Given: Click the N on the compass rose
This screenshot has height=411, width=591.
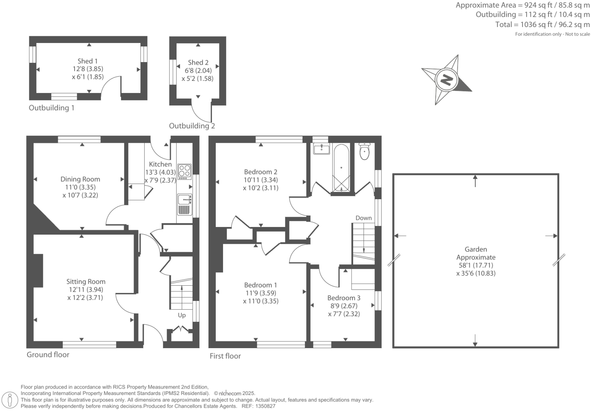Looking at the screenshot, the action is pyautogui.click(x=446, y=80).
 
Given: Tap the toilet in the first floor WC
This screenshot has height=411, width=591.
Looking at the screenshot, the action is pyautogui.click(x=365, y=151).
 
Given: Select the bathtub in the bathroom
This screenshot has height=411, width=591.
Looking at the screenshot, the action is pyautogui.click(x=341, y=168).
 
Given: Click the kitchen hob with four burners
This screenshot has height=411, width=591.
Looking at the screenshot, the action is pyautogui.click(x=185, y=172).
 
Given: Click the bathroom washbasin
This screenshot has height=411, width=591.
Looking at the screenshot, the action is pyautogui.click(x=321, y=149).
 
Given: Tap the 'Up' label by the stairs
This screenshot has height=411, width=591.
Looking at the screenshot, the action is pyautogui.click(x=182, y=315).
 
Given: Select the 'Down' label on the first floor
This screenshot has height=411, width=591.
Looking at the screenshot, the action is pyautogui.click(x=363, y=218).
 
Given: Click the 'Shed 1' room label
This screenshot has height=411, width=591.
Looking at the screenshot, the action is pyautogui.click(x=88, y=61).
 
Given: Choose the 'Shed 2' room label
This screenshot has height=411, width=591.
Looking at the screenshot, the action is pyautogui.click(x=198, y=62).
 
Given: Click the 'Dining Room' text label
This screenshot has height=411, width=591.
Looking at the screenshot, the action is pyautogui.click(x=80, y=179).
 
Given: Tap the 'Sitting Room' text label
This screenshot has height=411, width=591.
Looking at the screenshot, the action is pyautogui.click(x=86, y=282).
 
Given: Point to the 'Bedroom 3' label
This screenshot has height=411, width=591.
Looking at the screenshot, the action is pyautogui.click(x=344, y=298).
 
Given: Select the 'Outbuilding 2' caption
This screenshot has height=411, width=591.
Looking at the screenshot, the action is pyautogui.click(x=192, y=126).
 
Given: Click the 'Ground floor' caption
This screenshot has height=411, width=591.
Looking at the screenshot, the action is pyautogui.click(x=48, y=355).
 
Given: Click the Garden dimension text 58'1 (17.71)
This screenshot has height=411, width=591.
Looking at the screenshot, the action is pyautogui.click(x=476, y=265).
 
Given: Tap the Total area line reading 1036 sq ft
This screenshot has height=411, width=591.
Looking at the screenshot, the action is pyautogui.click(x=542, y=24).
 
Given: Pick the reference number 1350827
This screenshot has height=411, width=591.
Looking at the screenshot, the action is pyautogui.click(x=265, y=406).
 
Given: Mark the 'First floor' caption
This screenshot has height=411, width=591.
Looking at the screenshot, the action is pyautogui.click(x=225, y=356).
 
